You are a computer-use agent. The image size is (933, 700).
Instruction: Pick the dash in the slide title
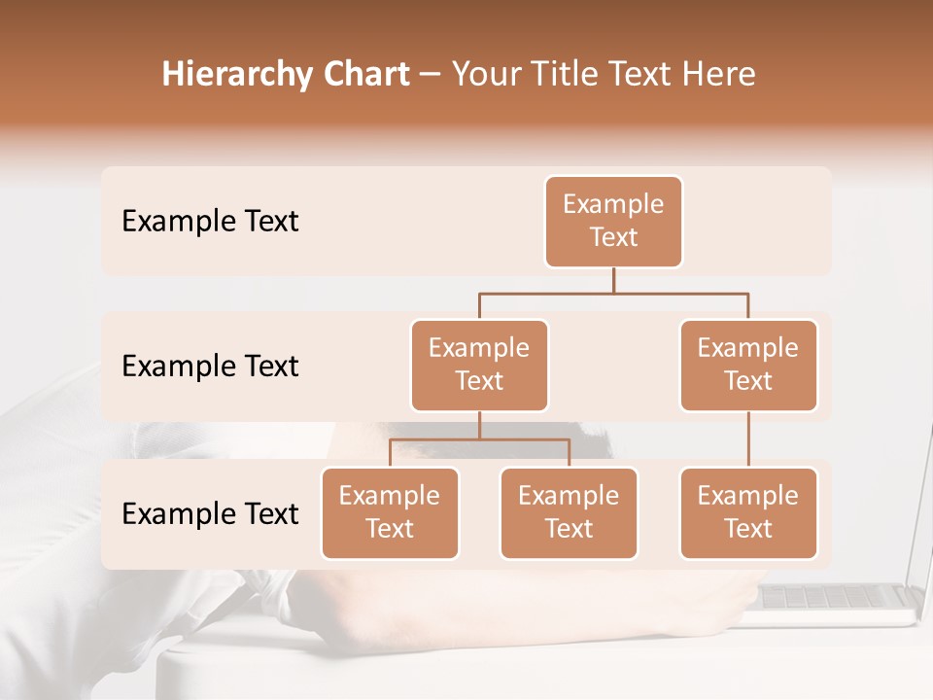pos(431,76)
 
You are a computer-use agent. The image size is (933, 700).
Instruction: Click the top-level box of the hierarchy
pos(613,222)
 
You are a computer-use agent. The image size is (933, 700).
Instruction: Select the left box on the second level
pos(479,366)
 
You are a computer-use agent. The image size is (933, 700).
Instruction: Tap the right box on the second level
pos(748,366)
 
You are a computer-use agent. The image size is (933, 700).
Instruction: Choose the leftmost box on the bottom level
pos(390,513)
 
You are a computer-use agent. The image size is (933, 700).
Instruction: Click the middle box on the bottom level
pos(569,513)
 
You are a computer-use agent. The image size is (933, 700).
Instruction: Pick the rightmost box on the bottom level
pos(748,513)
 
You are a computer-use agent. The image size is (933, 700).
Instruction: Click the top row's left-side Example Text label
pos(210,222)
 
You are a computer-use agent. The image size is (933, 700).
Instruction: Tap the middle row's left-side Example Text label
pos(210,367)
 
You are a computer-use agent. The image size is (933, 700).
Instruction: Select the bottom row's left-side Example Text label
pos(210,513)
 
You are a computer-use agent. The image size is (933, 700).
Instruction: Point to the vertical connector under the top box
pos(613,280)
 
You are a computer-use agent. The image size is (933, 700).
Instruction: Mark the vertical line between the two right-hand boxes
pos(748,439)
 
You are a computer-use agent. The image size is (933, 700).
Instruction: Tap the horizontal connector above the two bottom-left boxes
pos(479,439)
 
